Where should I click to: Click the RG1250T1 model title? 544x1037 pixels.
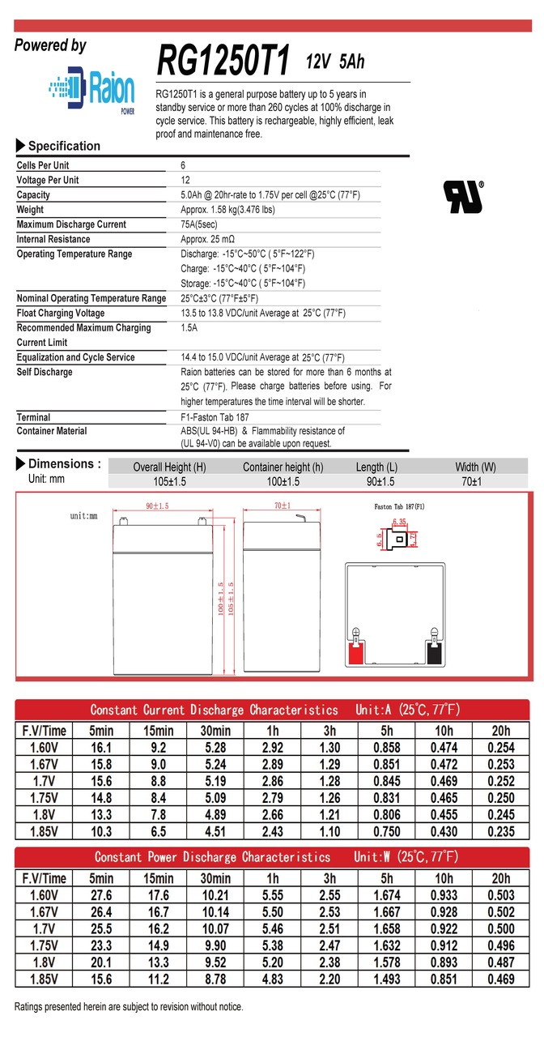click(223, 61)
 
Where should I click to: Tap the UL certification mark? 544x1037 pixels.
click(462, 197)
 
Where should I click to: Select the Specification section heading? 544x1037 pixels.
click(64, 147)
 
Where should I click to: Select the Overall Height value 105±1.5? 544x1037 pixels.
click(169, 481)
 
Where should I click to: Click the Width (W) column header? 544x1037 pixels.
click(475, 467)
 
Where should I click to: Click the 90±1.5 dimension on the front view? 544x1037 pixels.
click(157, 506)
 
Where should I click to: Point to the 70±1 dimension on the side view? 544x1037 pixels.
click(283, 506)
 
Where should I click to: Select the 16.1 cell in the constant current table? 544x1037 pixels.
click(101, 748)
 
